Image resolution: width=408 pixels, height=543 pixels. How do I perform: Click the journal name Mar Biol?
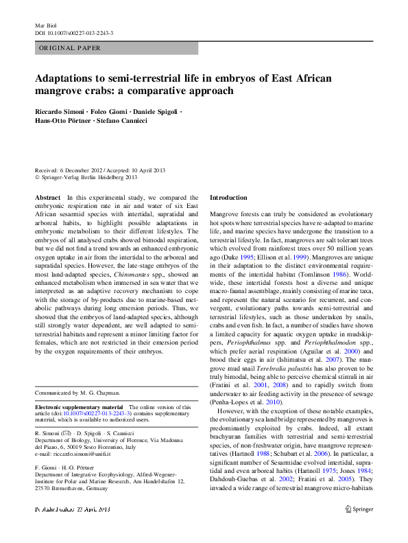click(x=45, y=25)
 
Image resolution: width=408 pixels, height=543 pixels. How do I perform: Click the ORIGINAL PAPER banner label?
click(x=69, y=48)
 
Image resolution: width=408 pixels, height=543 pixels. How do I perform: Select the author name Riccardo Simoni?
click(x=60, y=111)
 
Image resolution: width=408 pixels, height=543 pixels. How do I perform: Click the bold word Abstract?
click(x=47, y=196)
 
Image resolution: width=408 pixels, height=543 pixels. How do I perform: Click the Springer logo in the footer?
click(x=358, y=529)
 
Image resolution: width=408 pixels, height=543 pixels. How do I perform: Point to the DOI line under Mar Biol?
click(x=74, y=33)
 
